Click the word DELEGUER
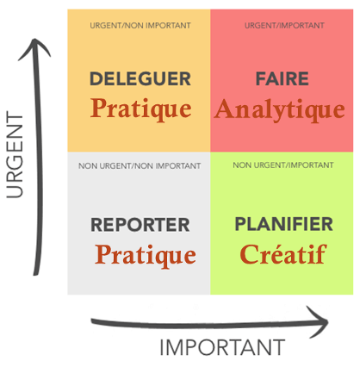(x=140, y=78)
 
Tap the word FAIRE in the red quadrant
(x=282, y=78)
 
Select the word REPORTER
(x=140, y=225)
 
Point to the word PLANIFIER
(x=283, y=224)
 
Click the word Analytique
(x=279, y=110)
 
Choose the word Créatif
(x=283, y=254)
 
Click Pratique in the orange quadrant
(x=140, y=109)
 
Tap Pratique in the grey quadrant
(x=146, y=256)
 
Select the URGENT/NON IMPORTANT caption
(x=140, y=26)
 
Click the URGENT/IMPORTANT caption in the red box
(x=284, y=26)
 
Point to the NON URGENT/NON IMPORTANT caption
(x=140, y=166)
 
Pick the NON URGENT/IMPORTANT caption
(x=283, y=165)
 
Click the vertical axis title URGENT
(x=15, y=156)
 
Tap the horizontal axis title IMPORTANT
(x=222, y=347)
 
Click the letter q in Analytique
(x=315, y=113)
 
